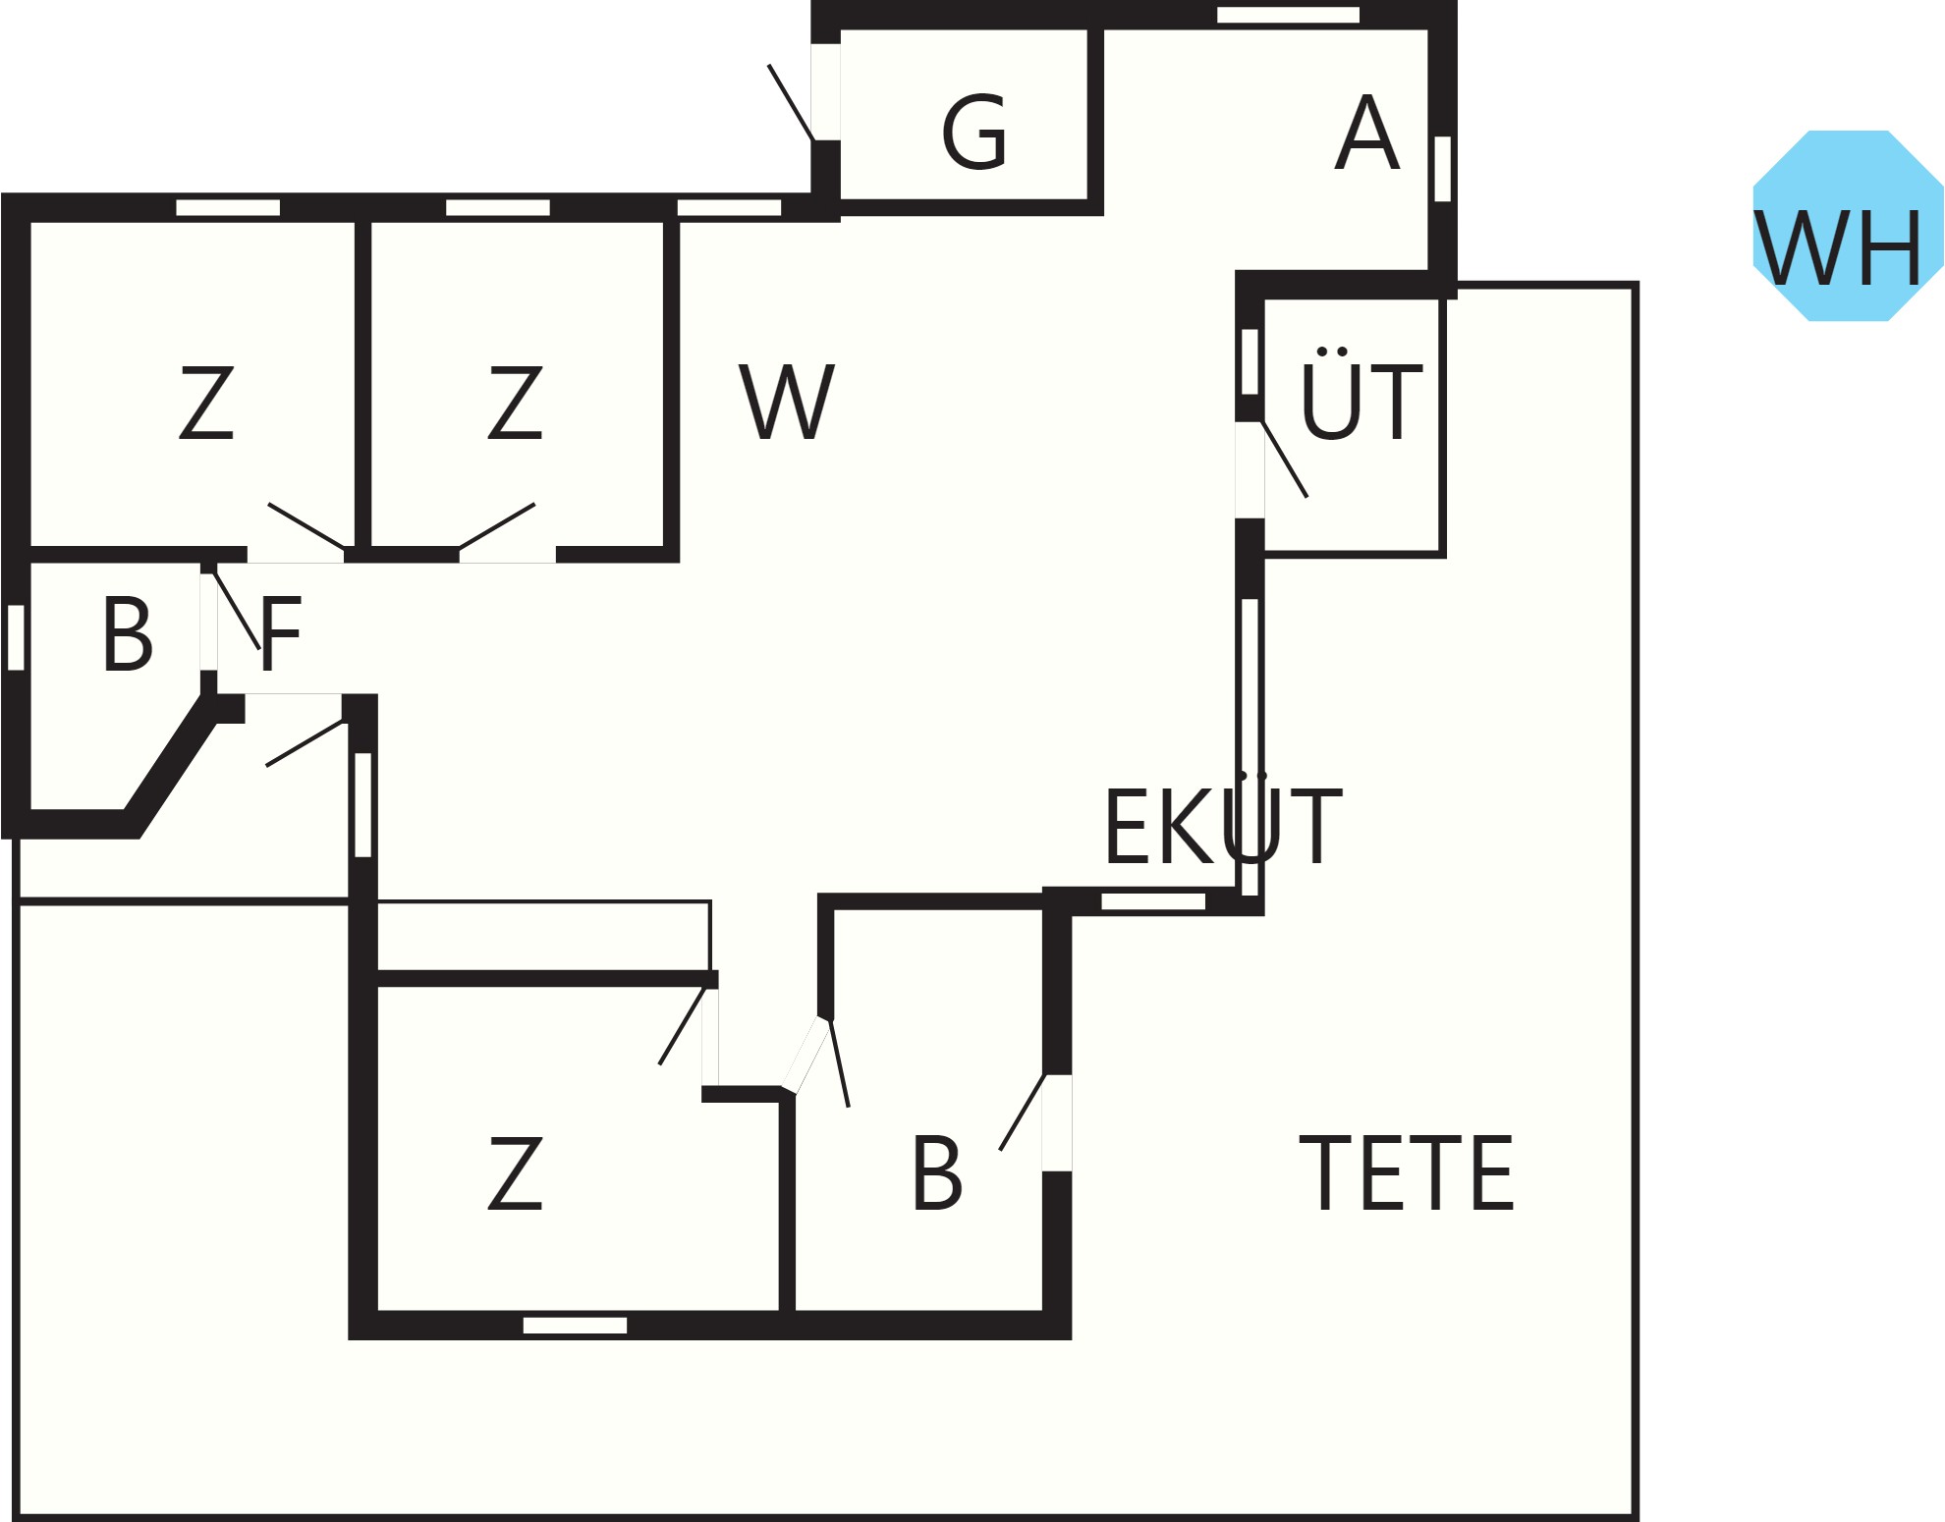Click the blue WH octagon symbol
click(1848, 226)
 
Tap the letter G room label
click(974, 133)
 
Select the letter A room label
click(1366, 133)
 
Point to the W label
click(787, 402)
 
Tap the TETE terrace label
click(1406, 1172)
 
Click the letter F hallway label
click(280, 633)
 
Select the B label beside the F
click(128, 634)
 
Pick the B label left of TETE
click(937, 1172)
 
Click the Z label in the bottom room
click(516, 1172)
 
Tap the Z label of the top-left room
click(206, 402)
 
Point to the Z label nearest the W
click(516, 402)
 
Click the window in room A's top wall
click(1288, 15)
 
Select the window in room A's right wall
click(1442, 169)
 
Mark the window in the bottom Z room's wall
click(575, 1326)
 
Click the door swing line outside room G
click(791, 103)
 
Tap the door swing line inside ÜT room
click(1285, 459)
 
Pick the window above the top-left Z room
click(228, 207)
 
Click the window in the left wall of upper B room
click(16, 637)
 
